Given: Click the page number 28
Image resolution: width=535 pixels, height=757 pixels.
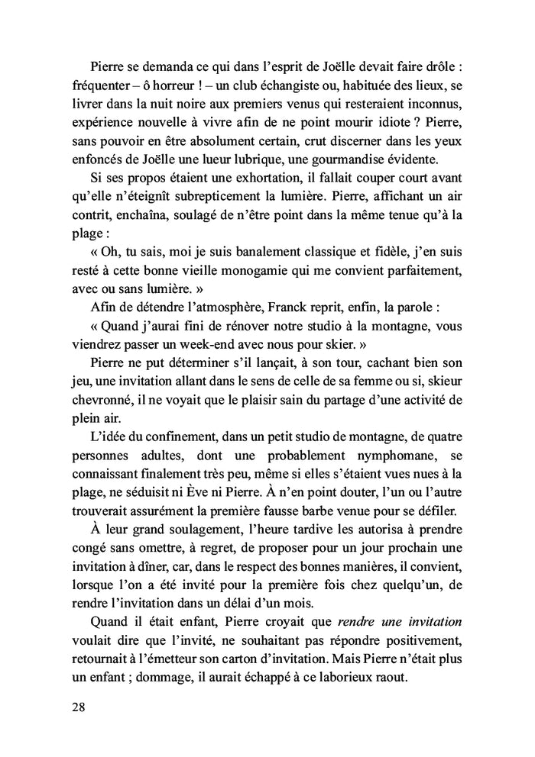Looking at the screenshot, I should (77, 707).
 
